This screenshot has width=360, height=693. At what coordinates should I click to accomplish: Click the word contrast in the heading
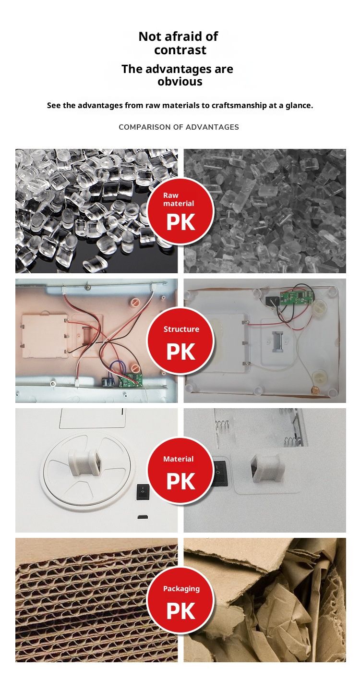pos(180,50)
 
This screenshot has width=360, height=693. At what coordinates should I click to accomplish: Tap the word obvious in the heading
pos(180,81)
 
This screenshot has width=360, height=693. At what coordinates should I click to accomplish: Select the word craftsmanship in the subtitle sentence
pos(239,105)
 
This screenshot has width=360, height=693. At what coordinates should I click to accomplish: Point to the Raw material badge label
pos(179,199)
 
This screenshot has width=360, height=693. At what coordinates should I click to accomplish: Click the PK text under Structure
pos(180,352)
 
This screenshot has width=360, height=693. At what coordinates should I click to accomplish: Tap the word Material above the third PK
pos(179,459)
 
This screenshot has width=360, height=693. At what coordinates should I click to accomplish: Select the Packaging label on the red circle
pos(181,589)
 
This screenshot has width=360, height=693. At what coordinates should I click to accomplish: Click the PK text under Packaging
pos(180,611)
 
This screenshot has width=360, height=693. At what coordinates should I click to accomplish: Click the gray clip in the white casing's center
pos(277,342)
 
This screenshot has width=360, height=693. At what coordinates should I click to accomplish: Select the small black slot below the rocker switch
pos(143,516)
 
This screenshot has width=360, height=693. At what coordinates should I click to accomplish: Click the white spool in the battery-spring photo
pos(265,468)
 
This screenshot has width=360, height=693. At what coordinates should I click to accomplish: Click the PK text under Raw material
pos(180,222)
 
